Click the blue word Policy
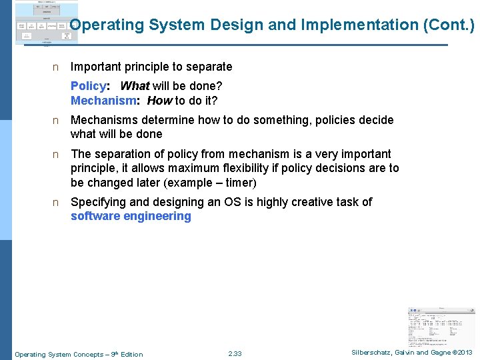(88, 86)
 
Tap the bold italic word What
(135, 86)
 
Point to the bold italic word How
(159, 101)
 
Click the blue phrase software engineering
(131, 216)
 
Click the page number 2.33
(235, 354)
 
